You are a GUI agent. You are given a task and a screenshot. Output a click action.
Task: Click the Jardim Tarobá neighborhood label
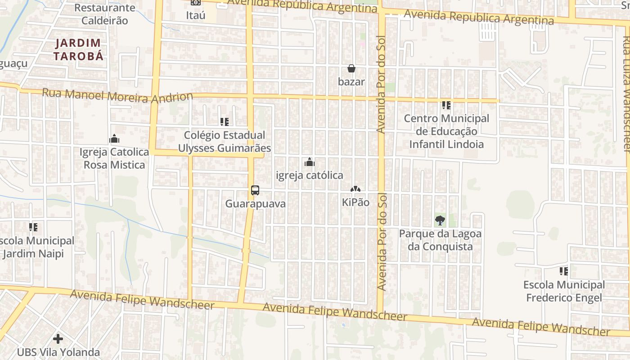[79, 49]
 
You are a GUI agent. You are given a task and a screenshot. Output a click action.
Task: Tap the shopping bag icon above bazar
[351, 69]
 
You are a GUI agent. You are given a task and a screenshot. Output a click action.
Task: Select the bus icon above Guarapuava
[255, 190]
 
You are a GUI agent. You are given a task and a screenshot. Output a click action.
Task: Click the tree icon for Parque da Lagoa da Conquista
[440, 220]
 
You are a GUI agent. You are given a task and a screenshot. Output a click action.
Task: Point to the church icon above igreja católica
[310, 162]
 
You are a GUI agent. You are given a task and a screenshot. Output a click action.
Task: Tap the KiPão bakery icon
[355, 189]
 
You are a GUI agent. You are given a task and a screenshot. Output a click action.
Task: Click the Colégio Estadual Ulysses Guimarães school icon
[225, 121]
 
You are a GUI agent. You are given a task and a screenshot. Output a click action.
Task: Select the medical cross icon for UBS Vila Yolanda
[58, 338]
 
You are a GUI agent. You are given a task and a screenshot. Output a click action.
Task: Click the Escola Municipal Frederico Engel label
[564, 291]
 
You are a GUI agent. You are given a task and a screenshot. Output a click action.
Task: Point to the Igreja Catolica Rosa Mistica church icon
[114, 139]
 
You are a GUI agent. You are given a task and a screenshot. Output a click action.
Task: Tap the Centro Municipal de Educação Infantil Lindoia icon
[446, 105]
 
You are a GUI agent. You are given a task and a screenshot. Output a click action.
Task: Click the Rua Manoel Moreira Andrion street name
[117, 95]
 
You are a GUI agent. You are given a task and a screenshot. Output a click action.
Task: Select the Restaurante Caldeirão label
[105, 14]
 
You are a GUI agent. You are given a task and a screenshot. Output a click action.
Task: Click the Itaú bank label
[195, 15]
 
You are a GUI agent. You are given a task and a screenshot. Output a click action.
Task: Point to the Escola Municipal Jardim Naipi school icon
[33, 227]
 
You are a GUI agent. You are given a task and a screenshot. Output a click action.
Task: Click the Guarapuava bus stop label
[255, 203]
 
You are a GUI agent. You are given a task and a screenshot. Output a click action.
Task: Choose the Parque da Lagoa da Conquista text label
[440, 240]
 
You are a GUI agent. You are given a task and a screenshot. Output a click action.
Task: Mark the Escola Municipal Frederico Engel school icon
[563, 271]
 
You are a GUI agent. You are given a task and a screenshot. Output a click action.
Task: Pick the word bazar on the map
[351, 82]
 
